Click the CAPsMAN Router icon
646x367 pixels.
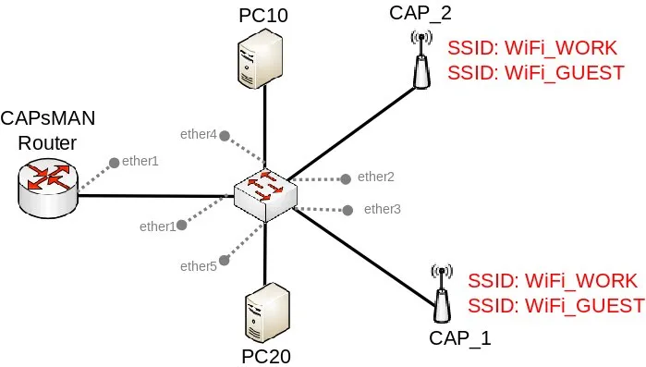[x=48, y=187]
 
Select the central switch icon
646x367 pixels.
[x=266, y=196]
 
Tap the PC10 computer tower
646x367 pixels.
[x=261, y=58]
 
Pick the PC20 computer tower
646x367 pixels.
[x=267, y=313]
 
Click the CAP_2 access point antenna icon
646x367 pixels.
[x=421, y=60]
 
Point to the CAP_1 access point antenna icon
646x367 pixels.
[x=442, y=293]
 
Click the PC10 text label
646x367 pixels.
[x=263, y=15]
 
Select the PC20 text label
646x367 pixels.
[x=266, y=357]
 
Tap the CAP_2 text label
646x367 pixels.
[x=421, y=13]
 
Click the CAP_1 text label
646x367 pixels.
[x=460, y=338]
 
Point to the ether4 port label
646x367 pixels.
[x=199, y=134]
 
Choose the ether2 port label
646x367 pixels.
[x=376, y=177]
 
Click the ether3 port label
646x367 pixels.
[x=383, y=209]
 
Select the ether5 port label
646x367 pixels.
[x=199, y=266]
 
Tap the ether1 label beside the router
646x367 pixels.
[x=140, y=161]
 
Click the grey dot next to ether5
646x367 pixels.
[x=225, y=261]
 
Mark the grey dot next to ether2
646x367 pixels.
[x=346, y=178]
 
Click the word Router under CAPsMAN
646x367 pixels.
[x=47, y=143]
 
